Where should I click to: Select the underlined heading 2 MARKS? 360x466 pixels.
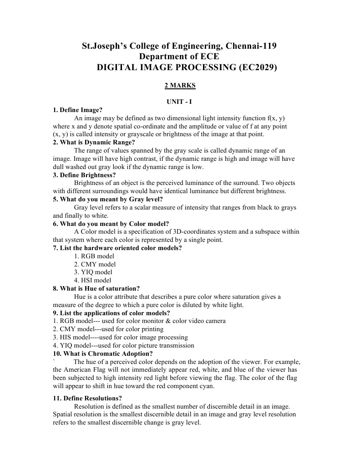180,85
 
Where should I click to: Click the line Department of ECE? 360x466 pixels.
179,57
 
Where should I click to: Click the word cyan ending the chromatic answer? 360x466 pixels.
206,386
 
